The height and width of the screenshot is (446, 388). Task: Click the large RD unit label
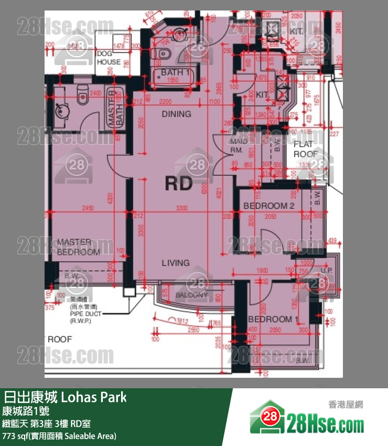179,183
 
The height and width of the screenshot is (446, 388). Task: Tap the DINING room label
176,114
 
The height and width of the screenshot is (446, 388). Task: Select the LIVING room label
175,263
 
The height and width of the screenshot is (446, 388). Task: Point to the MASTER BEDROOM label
78,247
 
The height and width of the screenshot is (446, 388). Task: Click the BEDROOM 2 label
268,206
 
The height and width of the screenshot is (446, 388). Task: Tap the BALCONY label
191,295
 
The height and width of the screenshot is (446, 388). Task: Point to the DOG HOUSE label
109,58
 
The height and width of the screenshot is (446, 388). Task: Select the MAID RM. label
239,146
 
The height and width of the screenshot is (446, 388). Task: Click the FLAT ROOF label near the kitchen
305,149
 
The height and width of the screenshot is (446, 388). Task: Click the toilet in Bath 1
164,53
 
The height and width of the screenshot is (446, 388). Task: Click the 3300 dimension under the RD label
182,208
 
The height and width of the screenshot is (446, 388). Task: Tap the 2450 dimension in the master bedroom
88,208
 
